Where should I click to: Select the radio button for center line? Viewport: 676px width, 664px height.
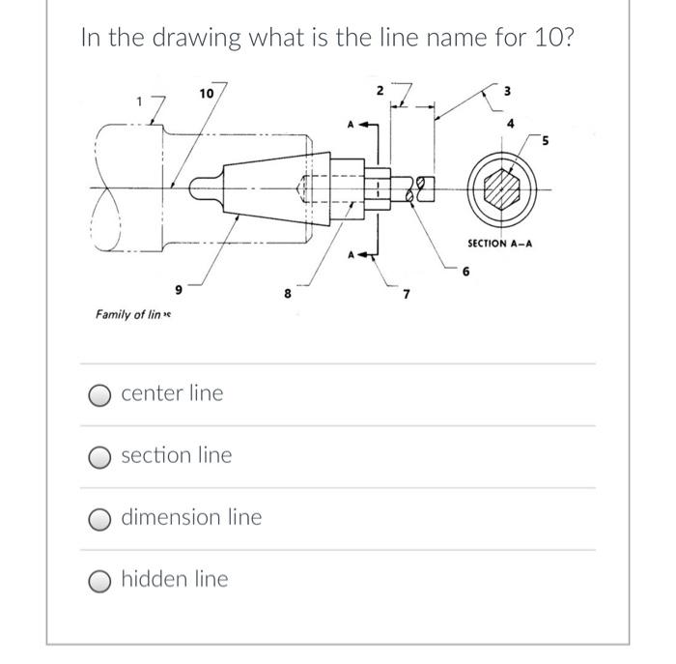tap(100, 393)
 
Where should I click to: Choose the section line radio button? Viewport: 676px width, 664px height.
tap(100, 455)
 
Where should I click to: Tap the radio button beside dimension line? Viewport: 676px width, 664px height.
tap(100, 518)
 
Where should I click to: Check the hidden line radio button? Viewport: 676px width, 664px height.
tap(100, 580)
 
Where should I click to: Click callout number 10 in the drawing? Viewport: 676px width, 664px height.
tap(205, 93)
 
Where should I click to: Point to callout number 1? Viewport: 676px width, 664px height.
tap(139, 101)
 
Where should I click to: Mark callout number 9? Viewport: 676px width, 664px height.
tap(177, 289)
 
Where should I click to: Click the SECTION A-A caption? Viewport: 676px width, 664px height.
tap(499, 243)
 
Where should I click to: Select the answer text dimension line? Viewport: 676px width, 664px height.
tap(190, 517)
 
